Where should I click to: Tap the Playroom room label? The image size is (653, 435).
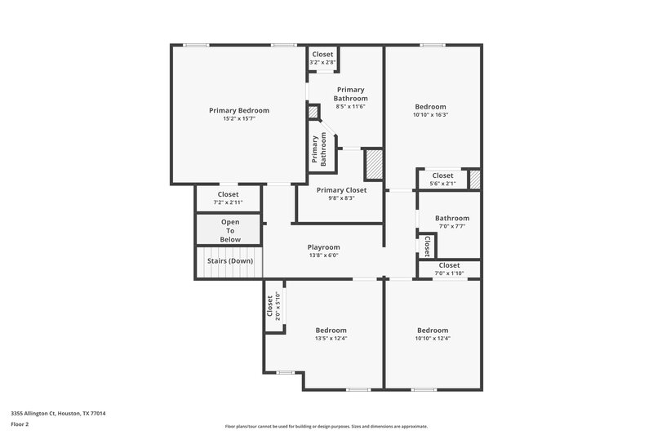click(323, 247)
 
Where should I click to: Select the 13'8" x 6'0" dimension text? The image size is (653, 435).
click(323, 255)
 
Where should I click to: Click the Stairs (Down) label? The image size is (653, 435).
click(229, 261)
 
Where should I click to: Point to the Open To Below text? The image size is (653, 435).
click(230, 231)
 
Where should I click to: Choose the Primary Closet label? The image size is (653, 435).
click(341, 189)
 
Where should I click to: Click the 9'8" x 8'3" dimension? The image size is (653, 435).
click(341, 198)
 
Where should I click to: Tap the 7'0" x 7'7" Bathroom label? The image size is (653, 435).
click(451, 218)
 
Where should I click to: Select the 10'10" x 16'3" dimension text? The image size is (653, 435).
click(430, 115)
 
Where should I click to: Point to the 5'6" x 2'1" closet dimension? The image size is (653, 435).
click(442, 184)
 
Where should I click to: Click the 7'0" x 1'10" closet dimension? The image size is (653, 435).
click(449, 273)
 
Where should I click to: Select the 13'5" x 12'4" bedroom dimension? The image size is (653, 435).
click(331, 339)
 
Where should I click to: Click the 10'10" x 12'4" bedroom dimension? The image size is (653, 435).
click(432, 339)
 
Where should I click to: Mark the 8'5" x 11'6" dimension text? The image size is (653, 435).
click(350, 106)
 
